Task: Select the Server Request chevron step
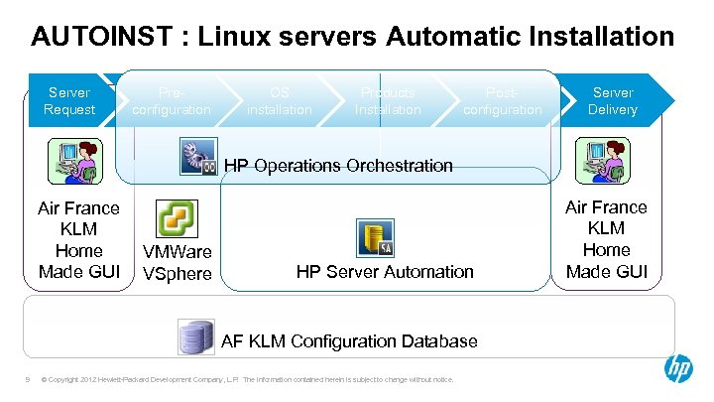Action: point(69,100)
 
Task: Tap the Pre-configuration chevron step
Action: point(171,100)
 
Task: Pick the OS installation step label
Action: point(279,100)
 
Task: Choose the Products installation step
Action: point(388,100)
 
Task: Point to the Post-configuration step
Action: point(502,100)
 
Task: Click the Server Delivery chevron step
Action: point(613,100)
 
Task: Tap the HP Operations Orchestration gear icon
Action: point(199,156)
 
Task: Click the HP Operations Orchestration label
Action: point(338,166)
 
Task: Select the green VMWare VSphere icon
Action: point(178,219)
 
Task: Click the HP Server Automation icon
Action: point(375,238)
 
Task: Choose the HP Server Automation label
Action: point(385,271)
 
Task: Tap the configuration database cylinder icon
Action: point(195,337)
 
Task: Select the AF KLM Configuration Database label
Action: point(349,341)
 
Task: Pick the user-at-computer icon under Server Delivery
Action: point(603,160)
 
